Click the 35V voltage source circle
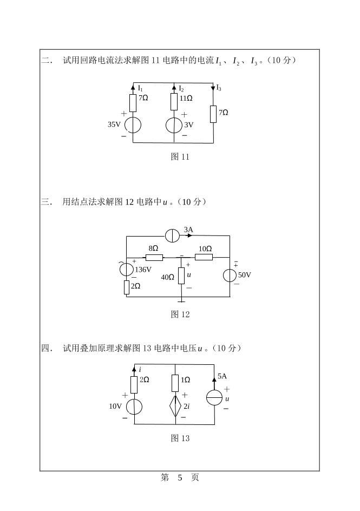point(133,125)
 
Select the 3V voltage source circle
point(174,125)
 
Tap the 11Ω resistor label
point(186,99)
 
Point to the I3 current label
point(219,88)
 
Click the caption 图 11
point(180,157)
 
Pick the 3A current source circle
point(173,236)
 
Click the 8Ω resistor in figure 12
point(154,257)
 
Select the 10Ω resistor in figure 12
point(204,257)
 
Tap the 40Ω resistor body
point(181,276)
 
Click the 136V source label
point(143,270)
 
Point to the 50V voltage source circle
point(230,275)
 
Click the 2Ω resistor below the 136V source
point(127,287)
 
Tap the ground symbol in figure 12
point(181,300)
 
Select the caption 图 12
point(180,314)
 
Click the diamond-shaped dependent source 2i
point(175,404)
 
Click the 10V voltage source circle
point(134,407)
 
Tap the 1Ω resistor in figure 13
point(175,383)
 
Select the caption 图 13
point(180,438)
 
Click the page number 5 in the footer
point(180,477)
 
